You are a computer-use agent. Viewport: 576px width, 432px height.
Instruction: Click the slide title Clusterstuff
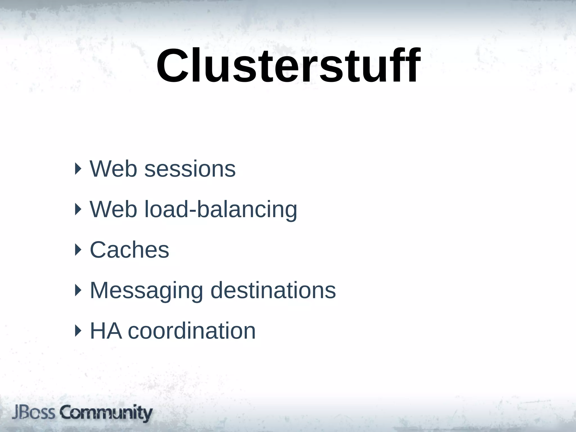(288, 66)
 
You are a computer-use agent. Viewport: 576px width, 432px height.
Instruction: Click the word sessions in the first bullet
(190, 169)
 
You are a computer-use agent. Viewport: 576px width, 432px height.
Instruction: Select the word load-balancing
(221, 210)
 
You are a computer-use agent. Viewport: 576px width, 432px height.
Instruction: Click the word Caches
(129, 250)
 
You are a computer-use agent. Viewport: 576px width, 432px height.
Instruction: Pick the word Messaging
(146, 291)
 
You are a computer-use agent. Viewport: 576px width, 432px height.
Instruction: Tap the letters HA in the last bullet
(106, 331)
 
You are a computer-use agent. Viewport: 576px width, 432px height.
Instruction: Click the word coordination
(192, 331)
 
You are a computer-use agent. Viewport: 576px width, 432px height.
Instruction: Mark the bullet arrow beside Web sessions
(78, 169)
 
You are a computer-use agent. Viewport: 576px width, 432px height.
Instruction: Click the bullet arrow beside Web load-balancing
(78, 209)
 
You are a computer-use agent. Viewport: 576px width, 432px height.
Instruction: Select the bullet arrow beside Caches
(78, 250)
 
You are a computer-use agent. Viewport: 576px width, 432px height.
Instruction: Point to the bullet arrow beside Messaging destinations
(78, 290)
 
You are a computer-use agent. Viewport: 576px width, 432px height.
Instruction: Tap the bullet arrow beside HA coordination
(78, 331)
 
